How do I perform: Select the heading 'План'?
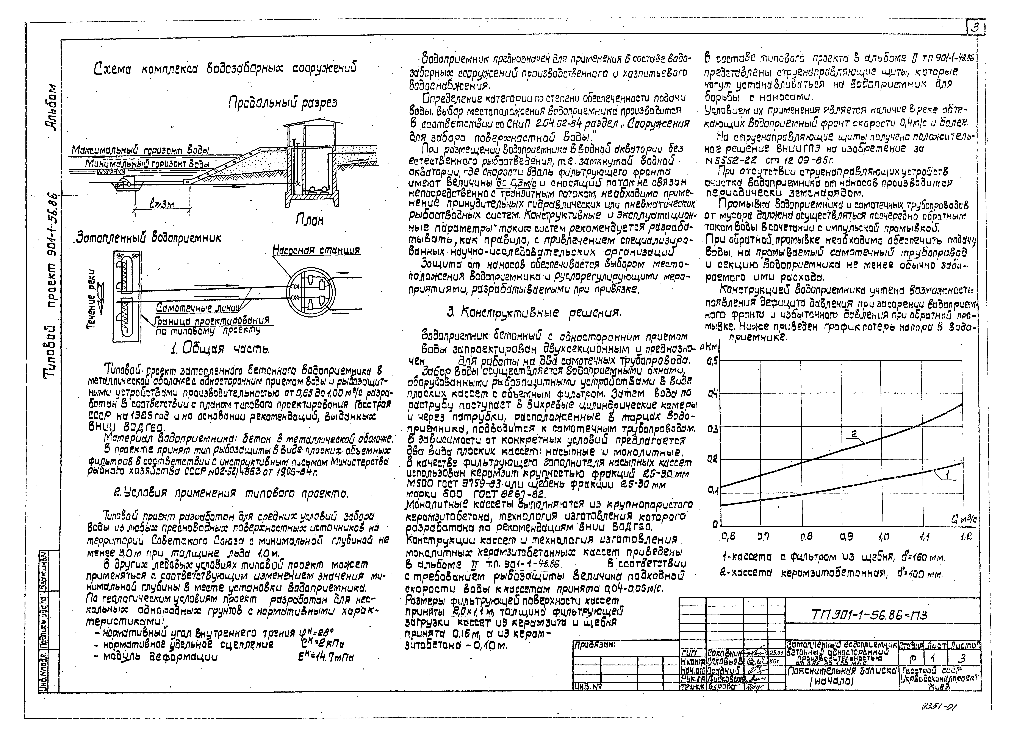309,220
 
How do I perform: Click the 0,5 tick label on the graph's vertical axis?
712,361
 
